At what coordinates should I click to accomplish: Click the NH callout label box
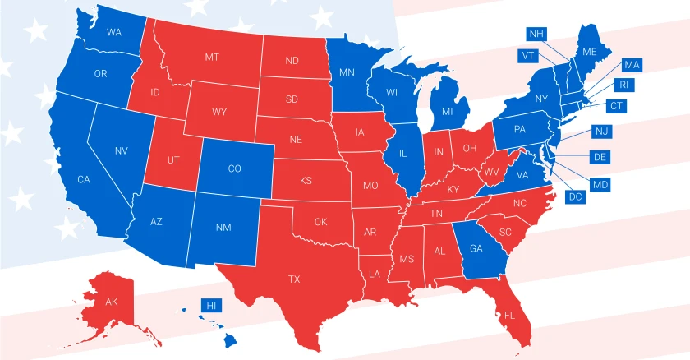(537, 34)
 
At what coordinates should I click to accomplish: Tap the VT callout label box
(528, 56)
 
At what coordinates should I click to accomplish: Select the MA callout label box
(632, 65)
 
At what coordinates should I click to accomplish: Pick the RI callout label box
(625, 85)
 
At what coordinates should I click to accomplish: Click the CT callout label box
(616, 106)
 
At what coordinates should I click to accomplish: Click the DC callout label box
(574, 196)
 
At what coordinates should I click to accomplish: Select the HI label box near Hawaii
(212, 305)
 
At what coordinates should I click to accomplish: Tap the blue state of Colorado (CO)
(234, 168)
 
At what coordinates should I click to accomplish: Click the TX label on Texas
(294, 279)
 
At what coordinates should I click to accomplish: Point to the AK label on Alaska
(112, 302)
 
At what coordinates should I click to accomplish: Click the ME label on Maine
(589, 51)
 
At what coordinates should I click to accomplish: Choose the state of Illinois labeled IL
(403, 153)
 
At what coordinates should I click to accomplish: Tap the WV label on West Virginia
(491, 171)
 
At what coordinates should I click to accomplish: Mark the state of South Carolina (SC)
(505, 232)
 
